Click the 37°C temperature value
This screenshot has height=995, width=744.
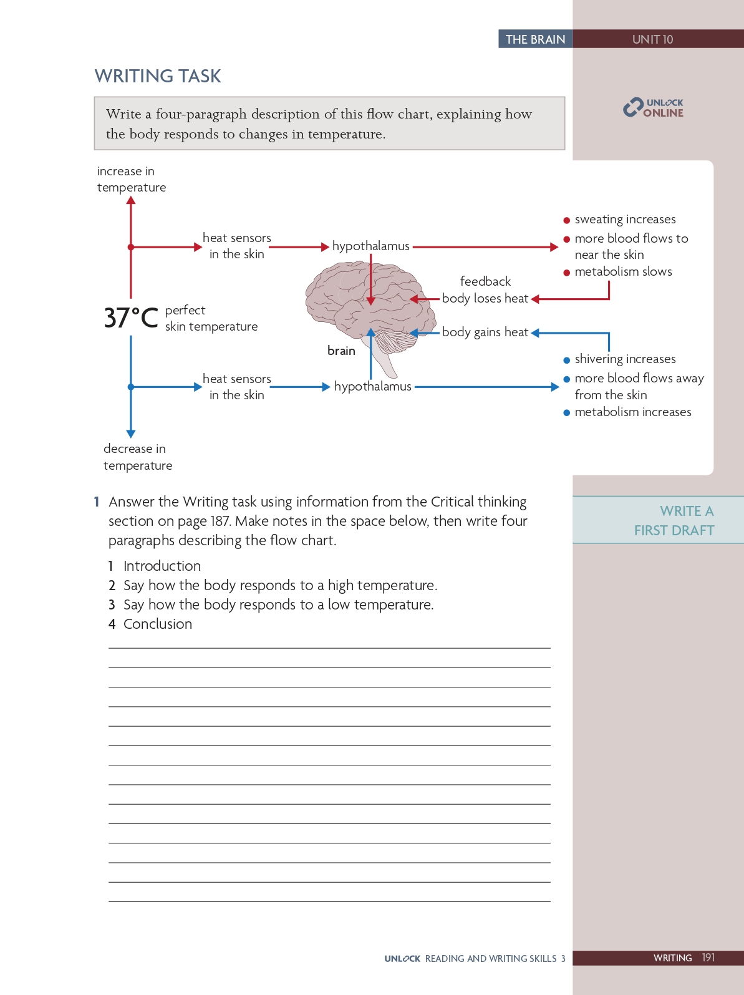tap(131, 318)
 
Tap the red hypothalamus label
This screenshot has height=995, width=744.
tap(370, 246)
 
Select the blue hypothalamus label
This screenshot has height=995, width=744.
tap(372, 387)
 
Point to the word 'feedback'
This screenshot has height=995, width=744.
tap(485, 281)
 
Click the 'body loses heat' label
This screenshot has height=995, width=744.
tap(485, 299)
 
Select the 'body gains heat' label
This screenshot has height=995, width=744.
tap(485, 332)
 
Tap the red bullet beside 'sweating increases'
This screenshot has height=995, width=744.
tap(566, 220)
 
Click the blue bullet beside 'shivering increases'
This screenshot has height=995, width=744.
tap(566, 360)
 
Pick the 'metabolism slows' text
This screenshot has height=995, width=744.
tap(623, 272)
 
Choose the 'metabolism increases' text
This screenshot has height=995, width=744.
tap(632, 412)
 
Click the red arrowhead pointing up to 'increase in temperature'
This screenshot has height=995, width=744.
tap(131, 201)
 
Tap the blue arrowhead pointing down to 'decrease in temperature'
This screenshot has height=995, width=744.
tap(131, 434)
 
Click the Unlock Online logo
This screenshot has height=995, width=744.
tap(653, 107)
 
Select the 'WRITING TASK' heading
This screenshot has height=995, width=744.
tap(158, 76)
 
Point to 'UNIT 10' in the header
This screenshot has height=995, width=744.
tap(652, 39)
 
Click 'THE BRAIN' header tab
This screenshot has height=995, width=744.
tap(535, 39)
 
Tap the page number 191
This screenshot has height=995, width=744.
tap(708, 958)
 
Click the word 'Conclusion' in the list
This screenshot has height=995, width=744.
tap(158, 624)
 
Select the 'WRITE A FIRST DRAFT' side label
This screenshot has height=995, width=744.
tap(674, 521)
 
